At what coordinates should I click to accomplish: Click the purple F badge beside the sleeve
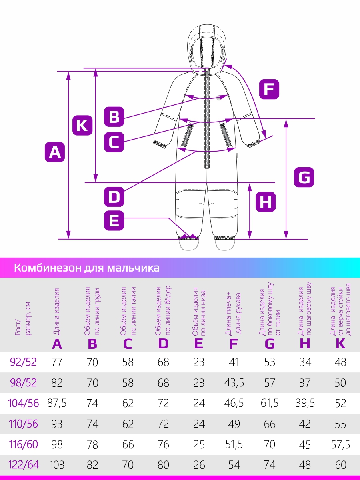click(269, 89)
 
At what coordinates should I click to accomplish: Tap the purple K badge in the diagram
click(82, 125)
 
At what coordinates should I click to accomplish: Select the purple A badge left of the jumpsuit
click(55, 152)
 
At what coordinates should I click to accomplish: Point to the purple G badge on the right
click(304, 177)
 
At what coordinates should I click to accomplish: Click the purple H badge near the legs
click(266, 202)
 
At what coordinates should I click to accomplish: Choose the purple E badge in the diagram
click(114, 220)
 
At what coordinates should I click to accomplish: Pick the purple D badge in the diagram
click(114, 196)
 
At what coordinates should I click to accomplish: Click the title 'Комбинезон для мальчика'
click(87, 268)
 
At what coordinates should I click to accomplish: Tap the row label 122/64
click(23, 464)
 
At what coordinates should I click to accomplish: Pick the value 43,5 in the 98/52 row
click(234, 383)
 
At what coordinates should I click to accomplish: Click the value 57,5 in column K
click(340, 444)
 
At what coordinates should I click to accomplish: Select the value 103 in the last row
click(57, 465)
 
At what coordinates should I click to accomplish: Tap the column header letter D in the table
click(163, 344)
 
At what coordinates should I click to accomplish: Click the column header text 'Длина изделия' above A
click(56, 312)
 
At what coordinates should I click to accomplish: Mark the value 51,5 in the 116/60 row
click(234, 444)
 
